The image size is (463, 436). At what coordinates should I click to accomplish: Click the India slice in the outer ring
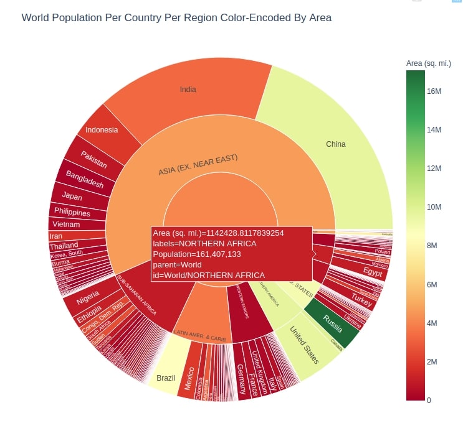188,90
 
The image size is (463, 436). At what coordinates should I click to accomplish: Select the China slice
335,144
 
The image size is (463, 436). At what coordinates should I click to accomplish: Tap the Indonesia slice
102,130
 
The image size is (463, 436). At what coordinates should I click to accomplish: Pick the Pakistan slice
93,160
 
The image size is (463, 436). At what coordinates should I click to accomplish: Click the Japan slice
72,197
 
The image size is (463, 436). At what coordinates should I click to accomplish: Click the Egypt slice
373,272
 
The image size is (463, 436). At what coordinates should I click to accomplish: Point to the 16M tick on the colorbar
434,91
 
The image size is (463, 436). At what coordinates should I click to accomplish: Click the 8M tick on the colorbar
434,246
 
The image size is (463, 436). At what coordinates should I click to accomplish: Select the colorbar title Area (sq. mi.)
428,63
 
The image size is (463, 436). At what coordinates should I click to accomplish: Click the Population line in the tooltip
197,254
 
